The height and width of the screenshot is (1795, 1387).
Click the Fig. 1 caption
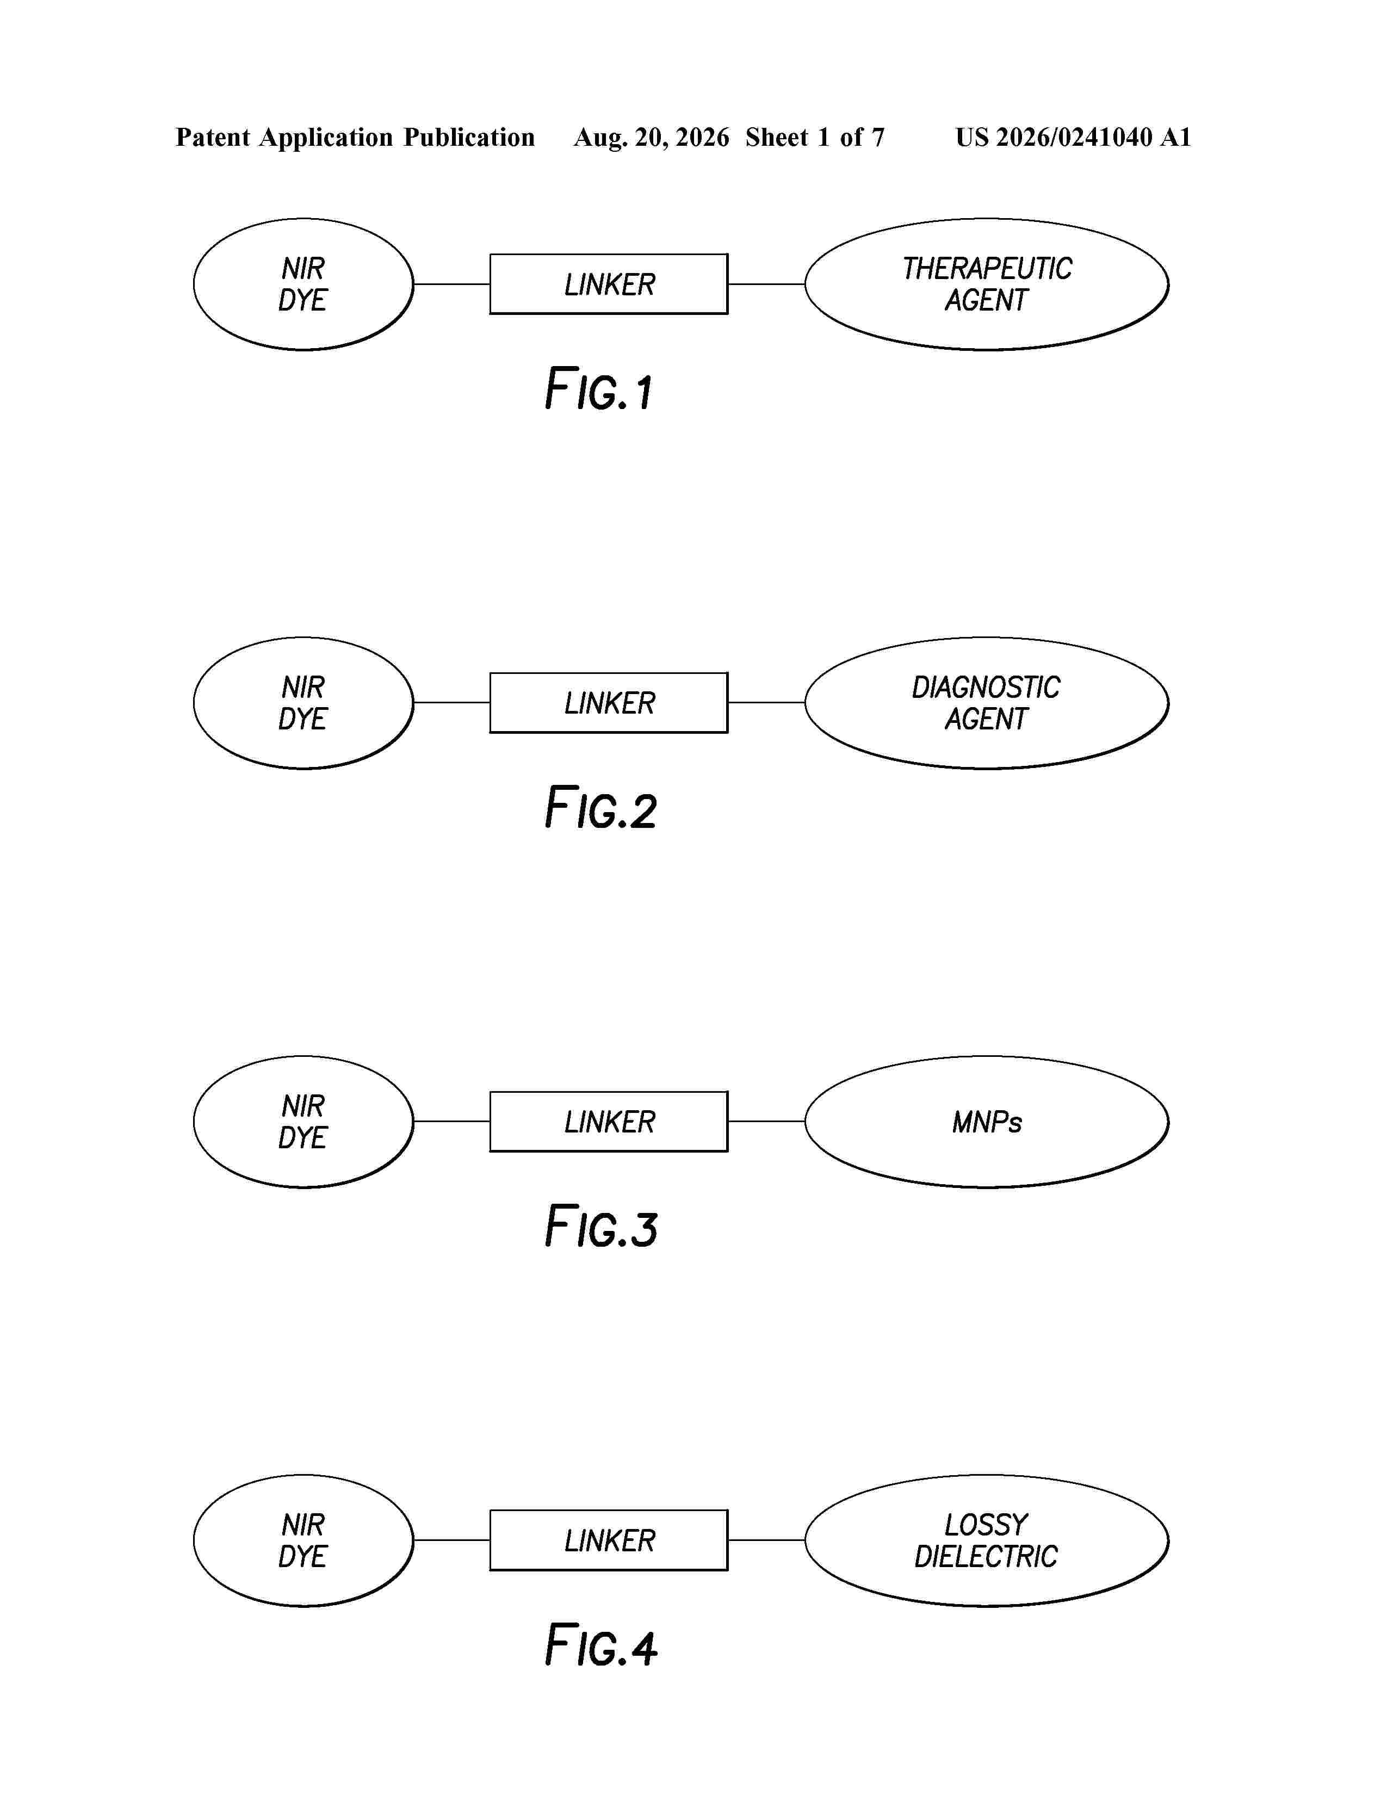coord(599,389)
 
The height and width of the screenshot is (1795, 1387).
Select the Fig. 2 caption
coord(600,807)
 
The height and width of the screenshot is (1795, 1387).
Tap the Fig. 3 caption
coord(600,1225)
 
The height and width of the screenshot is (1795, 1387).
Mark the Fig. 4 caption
coord(600,1644)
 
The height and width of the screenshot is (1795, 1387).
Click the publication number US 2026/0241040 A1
coord(1072,137)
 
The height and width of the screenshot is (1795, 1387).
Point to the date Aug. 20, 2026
coord(651,137)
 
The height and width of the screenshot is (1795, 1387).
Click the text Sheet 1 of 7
coord(814,137)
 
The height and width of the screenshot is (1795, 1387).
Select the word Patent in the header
coord(213,137)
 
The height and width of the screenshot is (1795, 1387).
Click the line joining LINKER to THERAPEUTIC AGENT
coord(766,284)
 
